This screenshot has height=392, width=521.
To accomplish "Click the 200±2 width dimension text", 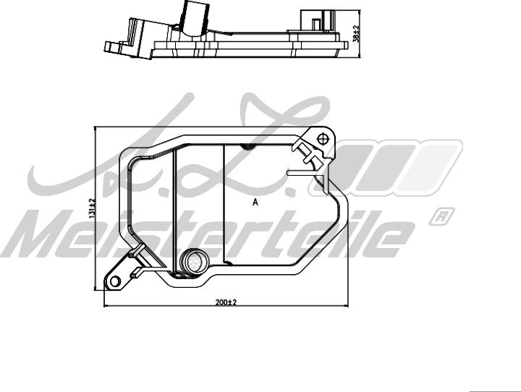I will [226, 302].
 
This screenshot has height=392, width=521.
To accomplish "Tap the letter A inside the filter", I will [255, 203].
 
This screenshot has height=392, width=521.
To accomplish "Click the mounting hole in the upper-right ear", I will [323, 137].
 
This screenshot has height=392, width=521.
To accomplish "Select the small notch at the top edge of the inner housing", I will [246, 148].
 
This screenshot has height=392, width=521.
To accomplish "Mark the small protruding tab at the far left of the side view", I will [113, 47].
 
